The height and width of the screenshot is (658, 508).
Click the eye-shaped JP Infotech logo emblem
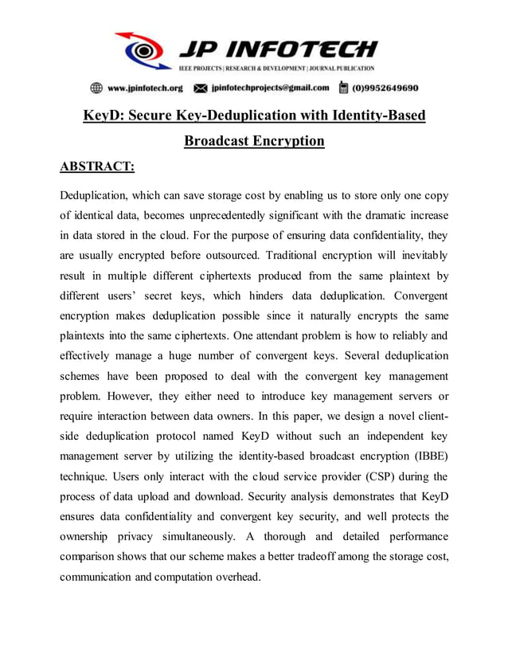(143, 51)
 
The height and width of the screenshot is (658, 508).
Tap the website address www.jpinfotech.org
(145, 88)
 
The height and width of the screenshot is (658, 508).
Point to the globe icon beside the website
(96, 88)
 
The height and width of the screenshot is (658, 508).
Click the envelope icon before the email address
(201, 88)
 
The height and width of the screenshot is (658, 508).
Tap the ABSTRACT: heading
(97, 166)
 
